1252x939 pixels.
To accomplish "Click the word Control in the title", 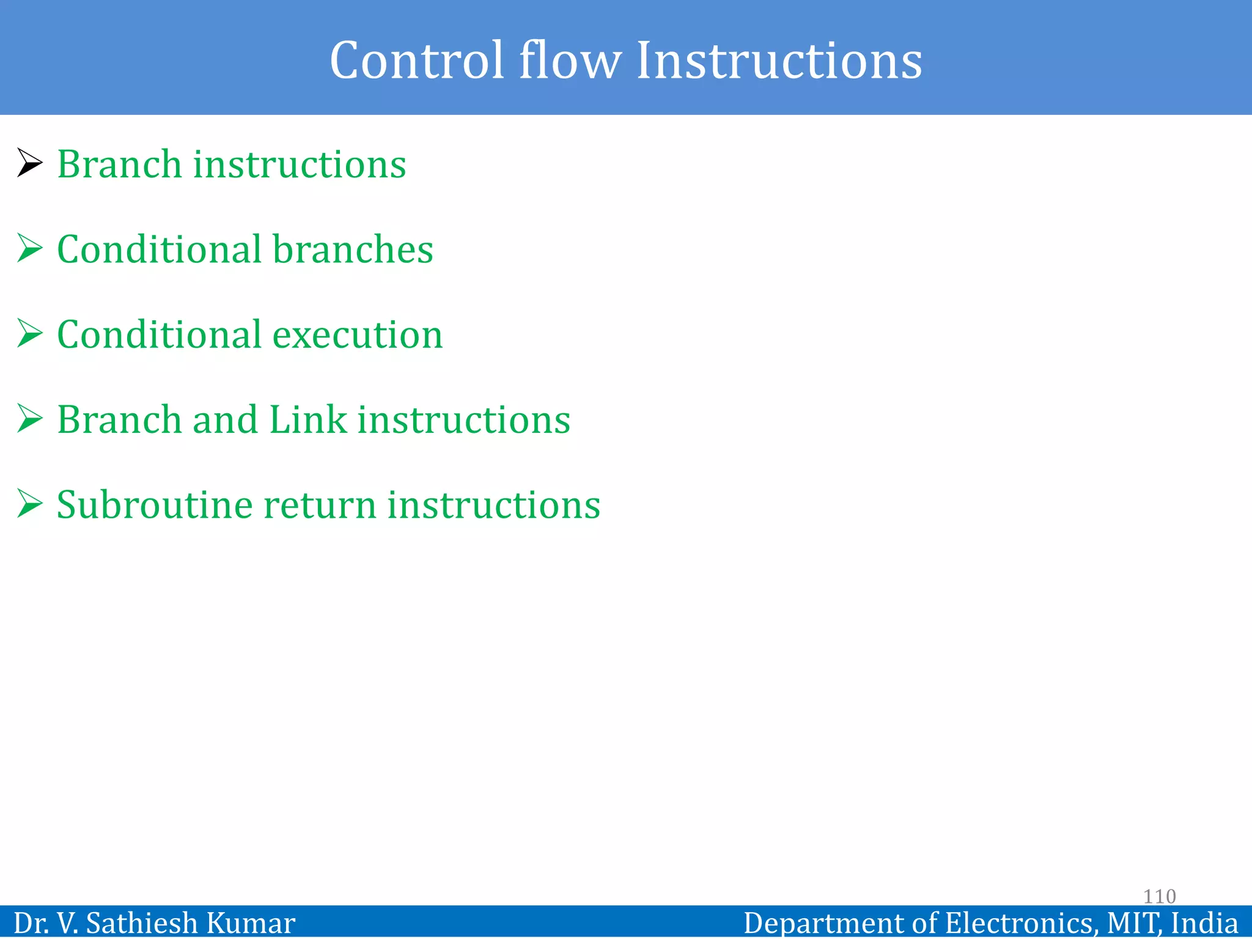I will (x=416, y=60).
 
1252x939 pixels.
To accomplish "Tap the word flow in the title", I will (x=570, y=60).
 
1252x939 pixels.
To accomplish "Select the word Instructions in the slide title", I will (x=779, y=60).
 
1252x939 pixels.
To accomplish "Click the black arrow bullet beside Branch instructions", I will (x=29, y=163).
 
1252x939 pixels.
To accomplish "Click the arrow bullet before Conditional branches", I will (x=29, y=248).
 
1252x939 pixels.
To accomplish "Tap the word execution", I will (x=357, y=335).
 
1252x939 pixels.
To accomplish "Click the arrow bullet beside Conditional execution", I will (x=29, y=333).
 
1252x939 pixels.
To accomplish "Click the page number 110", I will (x=1159, y=896).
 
